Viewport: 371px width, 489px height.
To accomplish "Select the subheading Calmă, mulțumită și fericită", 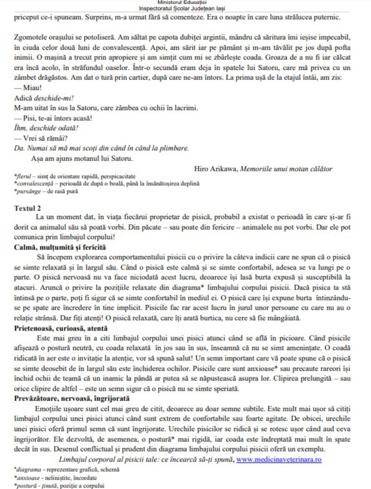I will (x=60, y=247).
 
